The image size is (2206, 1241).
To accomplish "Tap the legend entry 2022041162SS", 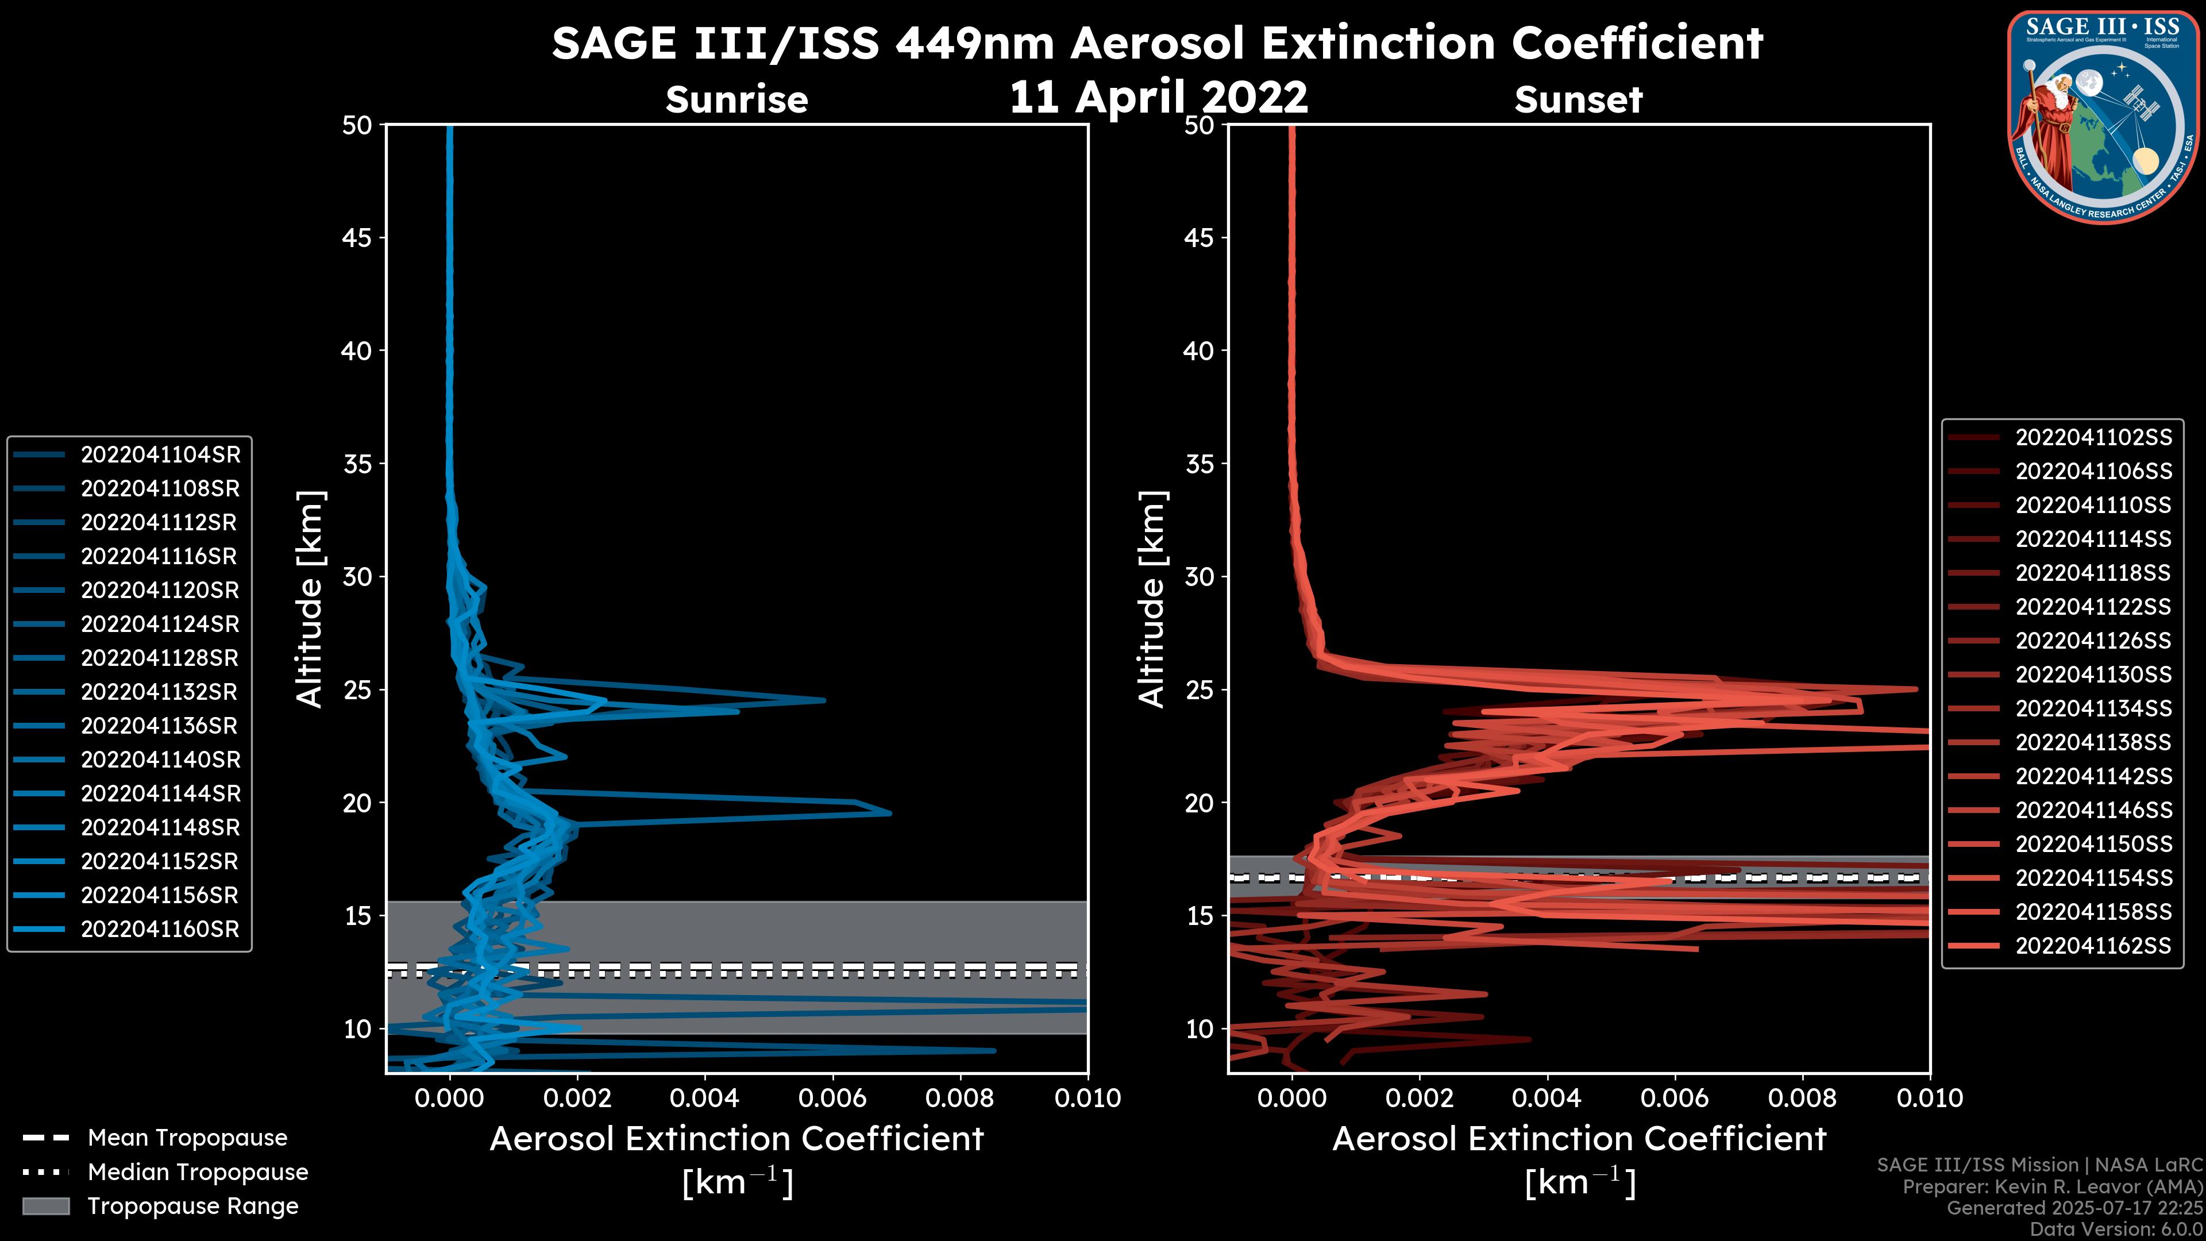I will pyautogui.click(x=2093, y=946).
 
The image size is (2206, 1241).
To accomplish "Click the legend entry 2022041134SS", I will pyautogui.click(x=2093, y=708).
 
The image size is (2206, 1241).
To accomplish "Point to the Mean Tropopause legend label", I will pyautogui.click(x=187, y=1138).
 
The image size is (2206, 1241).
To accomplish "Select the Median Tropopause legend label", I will pyautogui.click(x=198, y=1171).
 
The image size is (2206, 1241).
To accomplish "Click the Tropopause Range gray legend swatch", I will pyautogui.click(x=45, y=1206).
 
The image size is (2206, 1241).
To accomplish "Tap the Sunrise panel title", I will pyautogui.click(x=736, y=99).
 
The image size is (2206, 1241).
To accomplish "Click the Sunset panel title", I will pyautogui.click(x=1578, y=99).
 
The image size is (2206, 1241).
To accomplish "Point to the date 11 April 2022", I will pyautogui.click(x=1158, y=97).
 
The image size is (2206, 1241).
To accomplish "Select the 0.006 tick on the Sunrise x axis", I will pyautogui.click(x=832, y=1098).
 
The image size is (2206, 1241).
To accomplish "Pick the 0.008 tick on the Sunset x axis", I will pyautogui.click(x=1802, y=1098).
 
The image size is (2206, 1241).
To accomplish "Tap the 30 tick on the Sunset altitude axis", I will pyautogui.click(x=1199, y=576).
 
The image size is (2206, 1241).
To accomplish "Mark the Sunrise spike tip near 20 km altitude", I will pyautogui.click(x=890, y=813).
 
